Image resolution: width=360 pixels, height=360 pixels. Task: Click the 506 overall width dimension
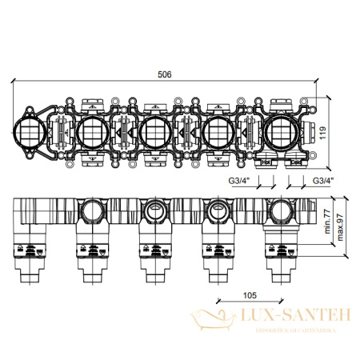pyautogui.click(x=165, y=74)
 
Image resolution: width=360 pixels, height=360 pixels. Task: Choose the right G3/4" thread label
pyautogui.click(x=322, y=180)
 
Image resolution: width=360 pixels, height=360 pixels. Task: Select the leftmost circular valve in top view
pyautogui.click(x=30, y=132)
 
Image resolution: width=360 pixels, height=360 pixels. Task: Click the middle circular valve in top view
pyautogui.click(x=153, y=132)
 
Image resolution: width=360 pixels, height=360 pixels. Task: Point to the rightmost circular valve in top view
pyautogui.click(x=278, y=132)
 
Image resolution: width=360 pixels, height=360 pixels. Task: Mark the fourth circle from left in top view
pyautogui.click(x=217, y=132)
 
